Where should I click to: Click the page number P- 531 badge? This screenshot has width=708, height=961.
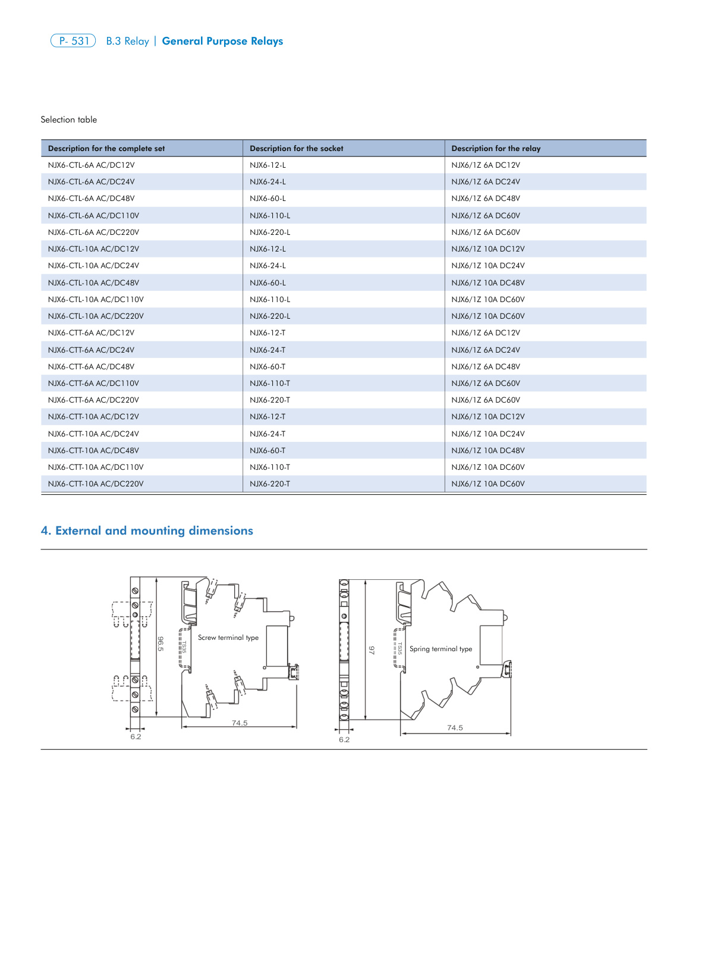73,41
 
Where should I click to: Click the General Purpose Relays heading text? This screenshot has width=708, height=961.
222,41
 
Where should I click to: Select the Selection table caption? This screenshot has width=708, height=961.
68,120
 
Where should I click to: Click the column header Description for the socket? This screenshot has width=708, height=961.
296,149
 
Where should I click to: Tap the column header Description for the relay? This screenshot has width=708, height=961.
496,149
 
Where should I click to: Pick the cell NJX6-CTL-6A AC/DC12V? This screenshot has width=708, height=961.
91,165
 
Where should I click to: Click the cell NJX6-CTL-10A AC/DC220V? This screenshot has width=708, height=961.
96,316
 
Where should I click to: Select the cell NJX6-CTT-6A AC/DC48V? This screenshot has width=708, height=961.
91,367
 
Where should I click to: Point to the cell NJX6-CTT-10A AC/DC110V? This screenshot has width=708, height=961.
96,467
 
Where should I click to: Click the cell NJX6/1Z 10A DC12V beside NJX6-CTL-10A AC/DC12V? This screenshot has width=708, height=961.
487,249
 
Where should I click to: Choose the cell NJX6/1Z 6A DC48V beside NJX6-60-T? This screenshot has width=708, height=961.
485,367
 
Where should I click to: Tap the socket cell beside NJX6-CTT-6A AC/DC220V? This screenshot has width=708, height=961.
270,400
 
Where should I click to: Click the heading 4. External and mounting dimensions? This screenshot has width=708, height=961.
147,530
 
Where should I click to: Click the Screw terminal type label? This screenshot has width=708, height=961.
228,637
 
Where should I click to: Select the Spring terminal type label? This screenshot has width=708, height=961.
440,649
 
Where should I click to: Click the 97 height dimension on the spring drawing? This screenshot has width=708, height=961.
372,651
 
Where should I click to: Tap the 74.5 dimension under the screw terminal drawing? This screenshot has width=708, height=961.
240,723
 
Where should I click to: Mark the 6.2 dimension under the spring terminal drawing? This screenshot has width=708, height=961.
344,740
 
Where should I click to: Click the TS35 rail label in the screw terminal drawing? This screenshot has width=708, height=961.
184,647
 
